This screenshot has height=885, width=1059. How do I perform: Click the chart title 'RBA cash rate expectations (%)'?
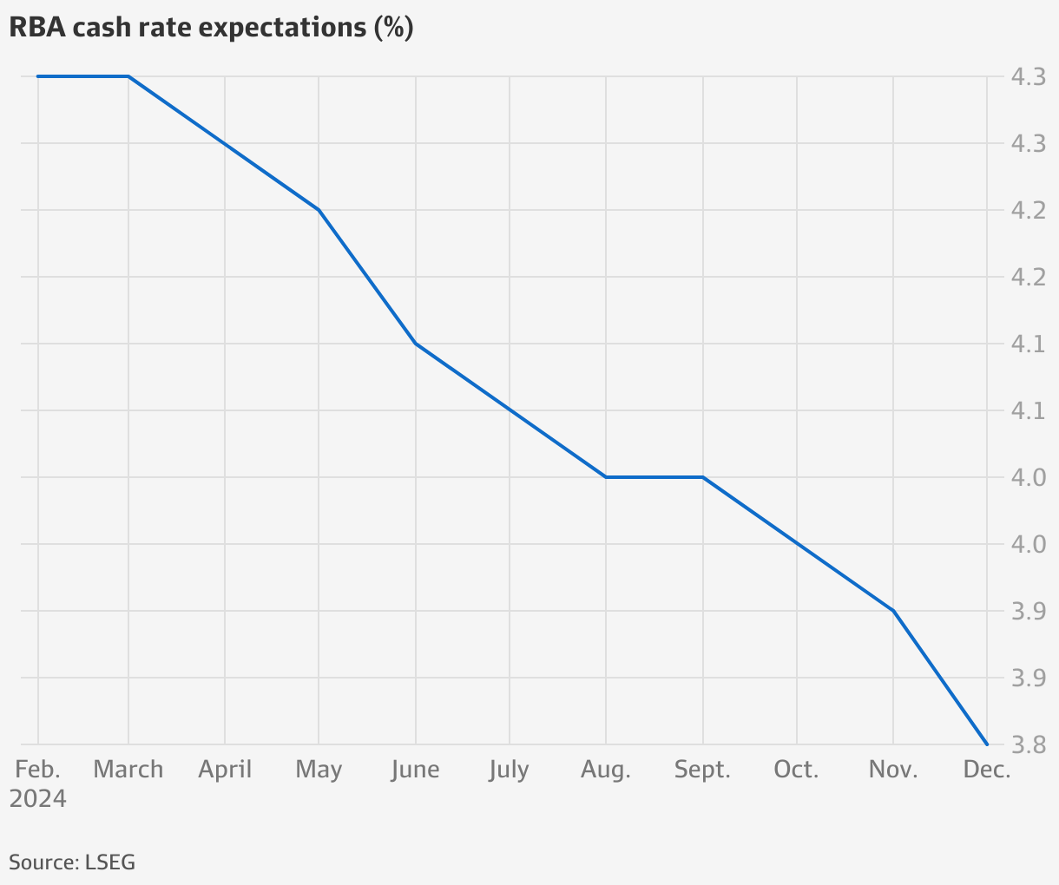pyautogui.click(x=211, y=28)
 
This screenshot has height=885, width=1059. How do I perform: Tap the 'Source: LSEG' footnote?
pyautogui.click(x=72, y=862)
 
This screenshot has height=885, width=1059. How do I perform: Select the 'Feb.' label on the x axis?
pyautogui.click(x=38, y=770)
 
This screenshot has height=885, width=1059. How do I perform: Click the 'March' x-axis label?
pyautogui.click(x=128, y=770)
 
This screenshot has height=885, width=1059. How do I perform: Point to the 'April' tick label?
pyautogui.click(x=225, y=770)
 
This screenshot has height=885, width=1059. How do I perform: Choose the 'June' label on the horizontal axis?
pyautogui.click(x=415, y=770)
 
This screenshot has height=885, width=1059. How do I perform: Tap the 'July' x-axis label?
pyautogui.click(x=509, y=770)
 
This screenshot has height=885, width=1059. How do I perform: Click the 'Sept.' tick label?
pyautogui.click(x=702, y=770)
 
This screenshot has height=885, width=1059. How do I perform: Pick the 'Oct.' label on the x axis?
pyautogui.click(x=796, y=770)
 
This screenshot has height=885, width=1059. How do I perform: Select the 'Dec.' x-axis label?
pyautogui.click(x=987, y=770)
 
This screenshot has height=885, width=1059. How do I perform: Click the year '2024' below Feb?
pyautogui.click(x=38, y=798)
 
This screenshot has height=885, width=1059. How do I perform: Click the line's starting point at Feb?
pyautogui.click(x=38, y=76)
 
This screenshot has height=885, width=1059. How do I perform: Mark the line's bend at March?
pyautogui.click(x=128, y=76)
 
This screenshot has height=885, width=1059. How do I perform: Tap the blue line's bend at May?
pyautogui.click(x=319, y=210)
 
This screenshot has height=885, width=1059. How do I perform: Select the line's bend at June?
pyautogui.click(x=416, y=344)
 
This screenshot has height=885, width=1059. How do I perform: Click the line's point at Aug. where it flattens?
pyautogui.click(x=605, y=477)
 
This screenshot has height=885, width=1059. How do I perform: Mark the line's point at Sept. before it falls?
pyautogui.click(x=702, y=477)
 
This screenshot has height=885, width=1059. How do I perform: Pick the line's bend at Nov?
pyautogui.click(x=893, y=611)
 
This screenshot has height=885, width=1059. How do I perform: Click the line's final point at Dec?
pyautogui.click(x=987, y=744)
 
